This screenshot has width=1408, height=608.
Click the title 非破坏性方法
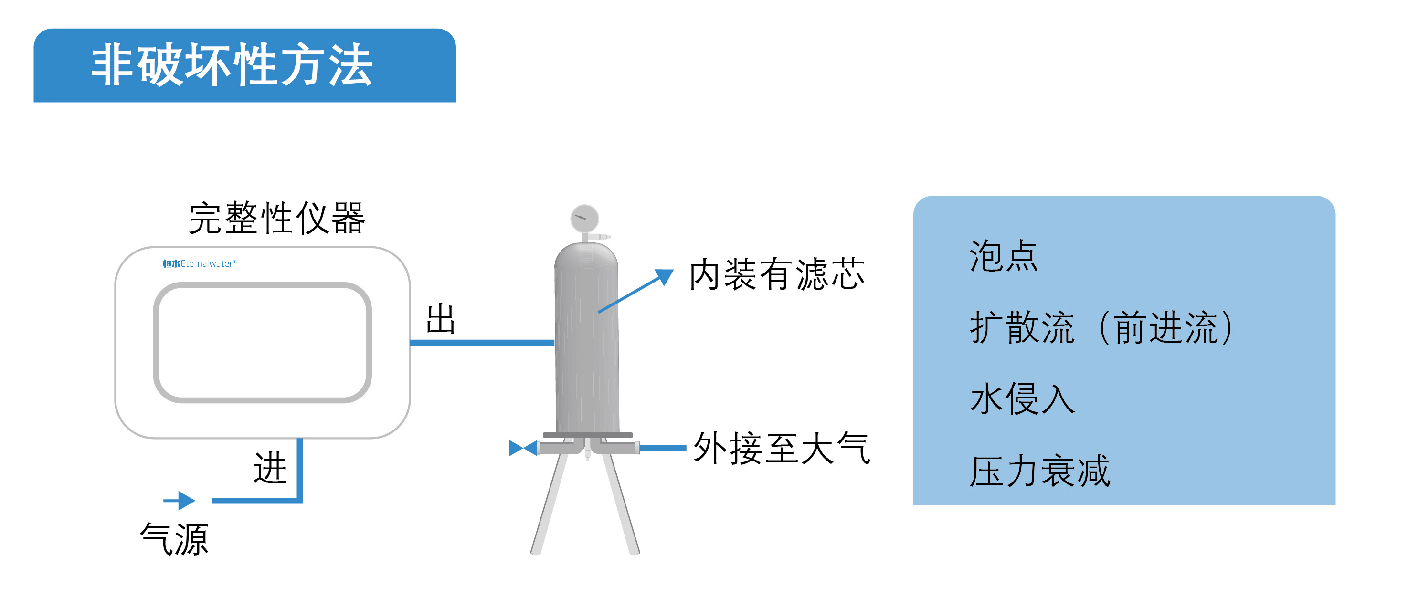[x=233, y=65]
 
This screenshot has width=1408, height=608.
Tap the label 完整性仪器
[x=276, y=218]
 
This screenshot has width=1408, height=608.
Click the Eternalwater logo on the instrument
[x=200, y=264]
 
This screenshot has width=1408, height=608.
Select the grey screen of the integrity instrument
[x=263, y=343]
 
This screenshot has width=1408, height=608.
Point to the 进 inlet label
[x=270, y=468]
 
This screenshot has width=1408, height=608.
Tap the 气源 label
[x=174, y=539]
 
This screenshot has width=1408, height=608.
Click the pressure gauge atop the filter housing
[x=584, y=219]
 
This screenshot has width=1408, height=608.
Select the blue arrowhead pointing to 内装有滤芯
[x=664, y=276]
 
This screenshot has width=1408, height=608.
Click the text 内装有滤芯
[x=777, y=274]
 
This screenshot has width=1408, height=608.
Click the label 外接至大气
[x=782, y=449]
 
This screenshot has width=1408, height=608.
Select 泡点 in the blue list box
[x=1004, y=256]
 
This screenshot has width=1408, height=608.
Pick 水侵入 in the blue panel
[x=1022, y=399]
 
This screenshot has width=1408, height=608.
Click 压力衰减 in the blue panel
[x=1039, y=471]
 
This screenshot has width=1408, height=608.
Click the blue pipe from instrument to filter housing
[x=482, y=343]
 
